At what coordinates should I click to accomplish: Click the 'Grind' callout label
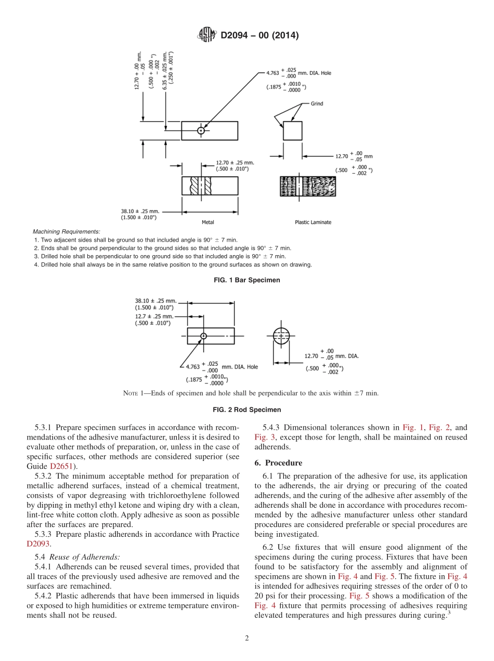pos(317,103)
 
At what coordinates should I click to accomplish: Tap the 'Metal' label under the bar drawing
pos(207,222)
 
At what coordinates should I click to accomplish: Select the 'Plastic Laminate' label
pos(313,222)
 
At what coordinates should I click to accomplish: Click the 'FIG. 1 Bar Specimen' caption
pos(247,280)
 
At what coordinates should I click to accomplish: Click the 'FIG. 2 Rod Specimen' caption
pos(247,409)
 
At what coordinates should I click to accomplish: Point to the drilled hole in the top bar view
pos(201,130)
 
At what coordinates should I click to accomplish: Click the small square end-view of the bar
pos(292,130)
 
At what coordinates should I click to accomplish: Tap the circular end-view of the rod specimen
pos(281,336)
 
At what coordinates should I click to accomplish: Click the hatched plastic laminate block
pos(309,186)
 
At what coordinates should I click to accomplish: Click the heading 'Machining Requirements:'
pos(67,232)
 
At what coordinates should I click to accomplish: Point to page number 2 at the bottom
pos(247,639)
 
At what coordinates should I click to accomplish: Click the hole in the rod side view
pos(204,336)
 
